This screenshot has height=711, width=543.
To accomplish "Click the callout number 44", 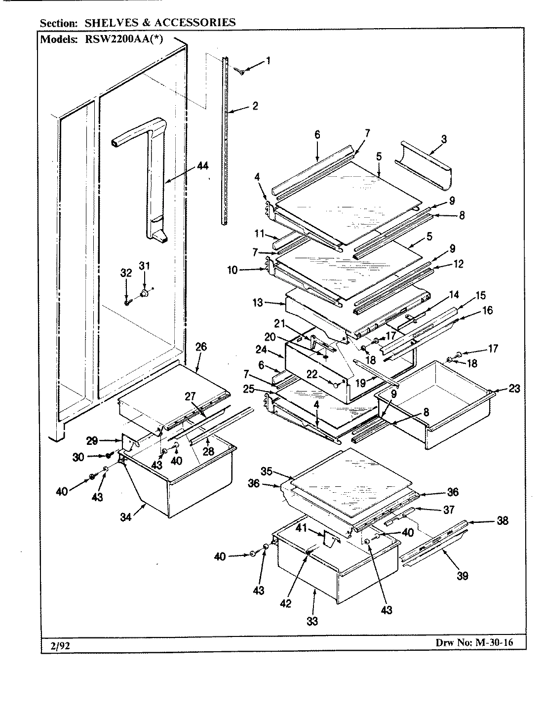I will [x=202, y=166].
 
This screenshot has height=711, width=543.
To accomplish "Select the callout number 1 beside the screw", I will [x=268, y=61].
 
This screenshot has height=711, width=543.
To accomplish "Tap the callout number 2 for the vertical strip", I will [x=255, y=106].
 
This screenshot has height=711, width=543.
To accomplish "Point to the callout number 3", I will [x=443, y=139].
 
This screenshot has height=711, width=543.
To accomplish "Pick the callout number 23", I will [x=514, y=389].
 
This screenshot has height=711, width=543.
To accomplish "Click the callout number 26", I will [x=201, y=347].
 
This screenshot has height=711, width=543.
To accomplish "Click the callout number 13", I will [x=258, y=303].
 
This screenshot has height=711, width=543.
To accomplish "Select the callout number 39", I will [x=462, y=575].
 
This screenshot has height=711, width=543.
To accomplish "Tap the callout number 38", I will [x=502, y=520].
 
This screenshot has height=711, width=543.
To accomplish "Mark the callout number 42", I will [x=285, y=603].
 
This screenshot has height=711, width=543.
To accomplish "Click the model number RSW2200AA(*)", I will [x=121, y=40].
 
